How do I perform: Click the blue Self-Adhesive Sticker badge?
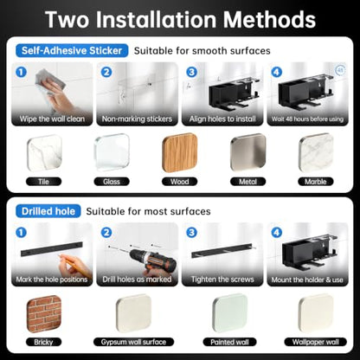72,51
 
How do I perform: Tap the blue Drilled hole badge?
48,211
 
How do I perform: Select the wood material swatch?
180,153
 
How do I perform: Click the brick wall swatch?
44,314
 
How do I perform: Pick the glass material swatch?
112,152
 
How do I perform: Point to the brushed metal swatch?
247,153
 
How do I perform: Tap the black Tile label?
43,182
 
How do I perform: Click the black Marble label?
316,182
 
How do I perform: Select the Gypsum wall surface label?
133,342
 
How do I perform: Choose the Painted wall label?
229,342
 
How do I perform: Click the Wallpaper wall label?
316,342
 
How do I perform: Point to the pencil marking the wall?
68,261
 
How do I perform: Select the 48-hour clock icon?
341,70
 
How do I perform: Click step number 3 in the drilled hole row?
191,232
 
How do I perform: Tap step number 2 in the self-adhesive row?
106,72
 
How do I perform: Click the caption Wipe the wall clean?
52,119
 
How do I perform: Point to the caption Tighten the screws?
222,280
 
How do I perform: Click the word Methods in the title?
269,20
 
